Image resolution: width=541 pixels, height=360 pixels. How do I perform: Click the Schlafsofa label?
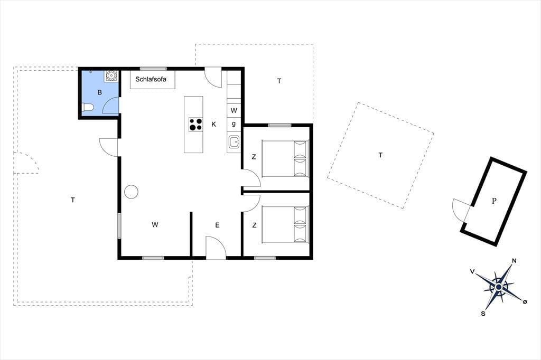coord(151,79)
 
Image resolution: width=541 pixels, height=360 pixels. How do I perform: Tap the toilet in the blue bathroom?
coord(87,108)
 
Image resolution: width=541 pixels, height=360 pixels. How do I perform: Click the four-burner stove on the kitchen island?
coord(195,125)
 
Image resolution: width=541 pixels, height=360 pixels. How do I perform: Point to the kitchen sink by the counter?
coord(234,141)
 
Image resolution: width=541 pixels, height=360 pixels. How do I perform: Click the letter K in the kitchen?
coord(213,125)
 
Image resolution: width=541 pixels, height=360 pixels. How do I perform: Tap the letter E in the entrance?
coord(217,225)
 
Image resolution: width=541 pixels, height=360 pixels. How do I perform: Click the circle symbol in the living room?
coord(131,192)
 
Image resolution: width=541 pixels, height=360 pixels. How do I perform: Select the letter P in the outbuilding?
coord(494,201)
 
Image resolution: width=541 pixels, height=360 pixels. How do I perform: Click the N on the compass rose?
coord(514,261)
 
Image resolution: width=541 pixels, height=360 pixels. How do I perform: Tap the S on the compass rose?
coord(483,314)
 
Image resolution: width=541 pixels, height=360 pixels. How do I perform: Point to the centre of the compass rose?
coord(499,287)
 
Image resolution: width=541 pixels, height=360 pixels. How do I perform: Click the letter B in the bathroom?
coord(100,92)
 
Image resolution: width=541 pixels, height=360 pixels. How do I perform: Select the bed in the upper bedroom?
coord(285,158)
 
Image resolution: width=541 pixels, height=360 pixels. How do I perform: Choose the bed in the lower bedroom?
coord(285,224)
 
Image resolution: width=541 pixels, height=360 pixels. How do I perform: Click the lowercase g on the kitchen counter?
coord(234,124)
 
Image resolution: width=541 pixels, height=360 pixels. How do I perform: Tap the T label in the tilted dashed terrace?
coord(380,155)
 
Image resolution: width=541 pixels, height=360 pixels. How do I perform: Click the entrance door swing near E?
coord(216,247)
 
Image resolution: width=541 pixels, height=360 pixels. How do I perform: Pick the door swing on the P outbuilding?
coord(461,209)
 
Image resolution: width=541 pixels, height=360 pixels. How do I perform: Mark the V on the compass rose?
coord(472,272)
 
